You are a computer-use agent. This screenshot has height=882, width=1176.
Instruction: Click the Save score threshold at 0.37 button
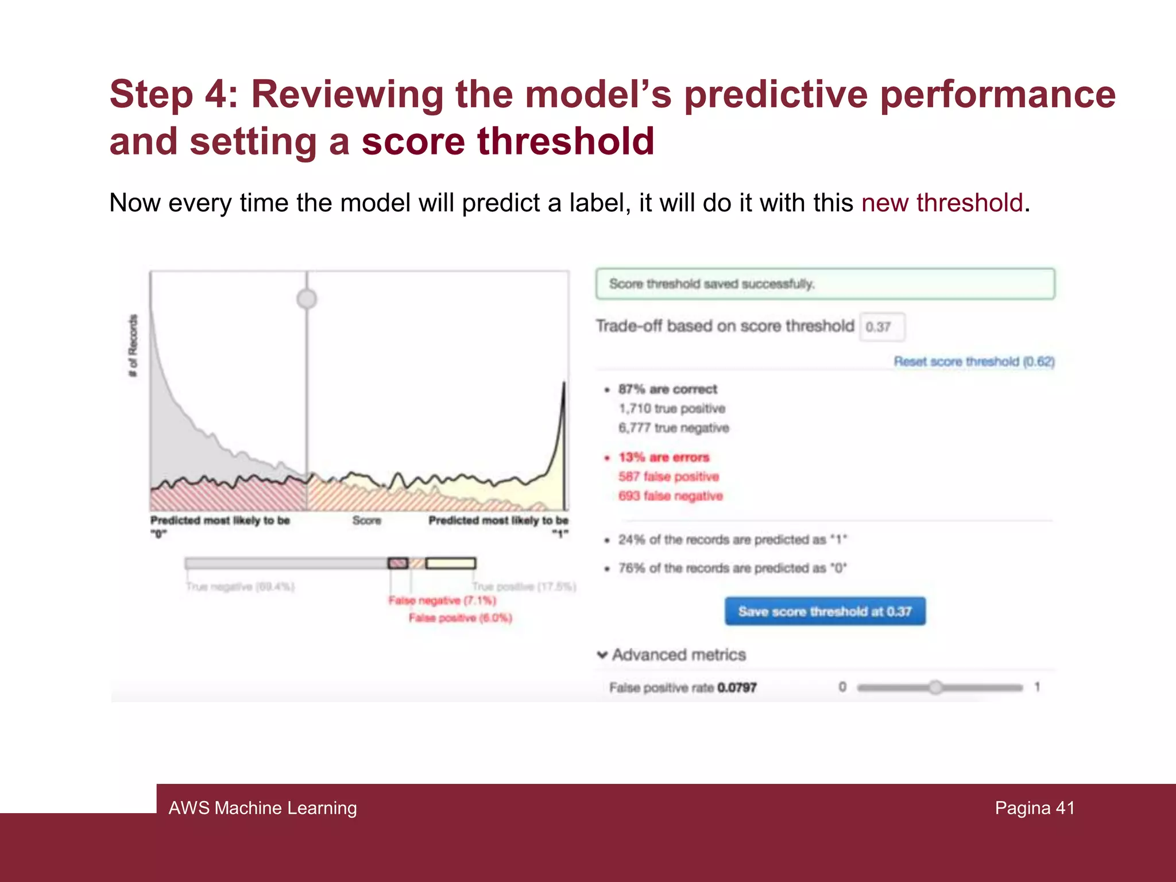tap(825, 611)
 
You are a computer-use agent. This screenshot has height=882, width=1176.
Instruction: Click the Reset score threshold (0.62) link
tap(974, 361)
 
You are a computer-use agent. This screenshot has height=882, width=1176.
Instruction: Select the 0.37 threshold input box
tap(882, 327)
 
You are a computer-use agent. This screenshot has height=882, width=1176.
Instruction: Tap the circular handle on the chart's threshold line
tap(307, 299)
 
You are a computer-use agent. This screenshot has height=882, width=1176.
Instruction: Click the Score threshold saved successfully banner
tap(825, 284)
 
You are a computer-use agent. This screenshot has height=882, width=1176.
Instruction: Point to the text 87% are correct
tap(667, 389)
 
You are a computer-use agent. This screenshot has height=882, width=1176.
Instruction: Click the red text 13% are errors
tap(664, 457)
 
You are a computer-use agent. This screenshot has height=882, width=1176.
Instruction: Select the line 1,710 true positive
tap(672, 408)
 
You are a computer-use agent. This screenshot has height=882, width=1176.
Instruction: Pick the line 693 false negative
tap(670, 496)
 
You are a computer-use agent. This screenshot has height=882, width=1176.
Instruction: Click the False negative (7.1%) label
tap(442, 601)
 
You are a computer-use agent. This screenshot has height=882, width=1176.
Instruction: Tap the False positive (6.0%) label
tap(460, 618)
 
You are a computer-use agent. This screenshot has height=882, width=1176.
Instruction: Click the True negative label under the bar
tap(240, 586)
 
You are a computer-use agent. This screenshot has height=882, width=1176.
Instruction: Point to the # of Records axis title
tap(133, 346)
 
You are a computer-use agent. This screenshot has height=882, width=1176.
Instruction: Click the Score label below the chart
tap(366, 520)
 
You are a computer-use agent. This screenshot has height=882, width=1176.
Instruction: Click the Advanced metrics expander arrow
tap(602, 655)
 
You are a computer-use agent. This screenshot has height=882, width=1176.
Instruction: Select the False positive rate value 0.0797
tap(737, 687)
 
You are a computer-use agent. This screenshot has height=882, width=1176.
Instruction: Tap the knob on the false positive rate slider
tap(935, 687)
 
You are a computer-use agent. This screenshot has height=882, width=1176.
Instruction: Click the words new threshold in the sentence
tap(942, 203)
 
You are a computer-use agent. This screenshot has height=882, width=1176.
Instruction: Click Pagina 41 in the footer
tap(1034, 808)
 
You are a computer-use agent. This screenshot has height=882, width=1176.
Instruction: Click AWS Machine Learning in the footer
tap(262, 808)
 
